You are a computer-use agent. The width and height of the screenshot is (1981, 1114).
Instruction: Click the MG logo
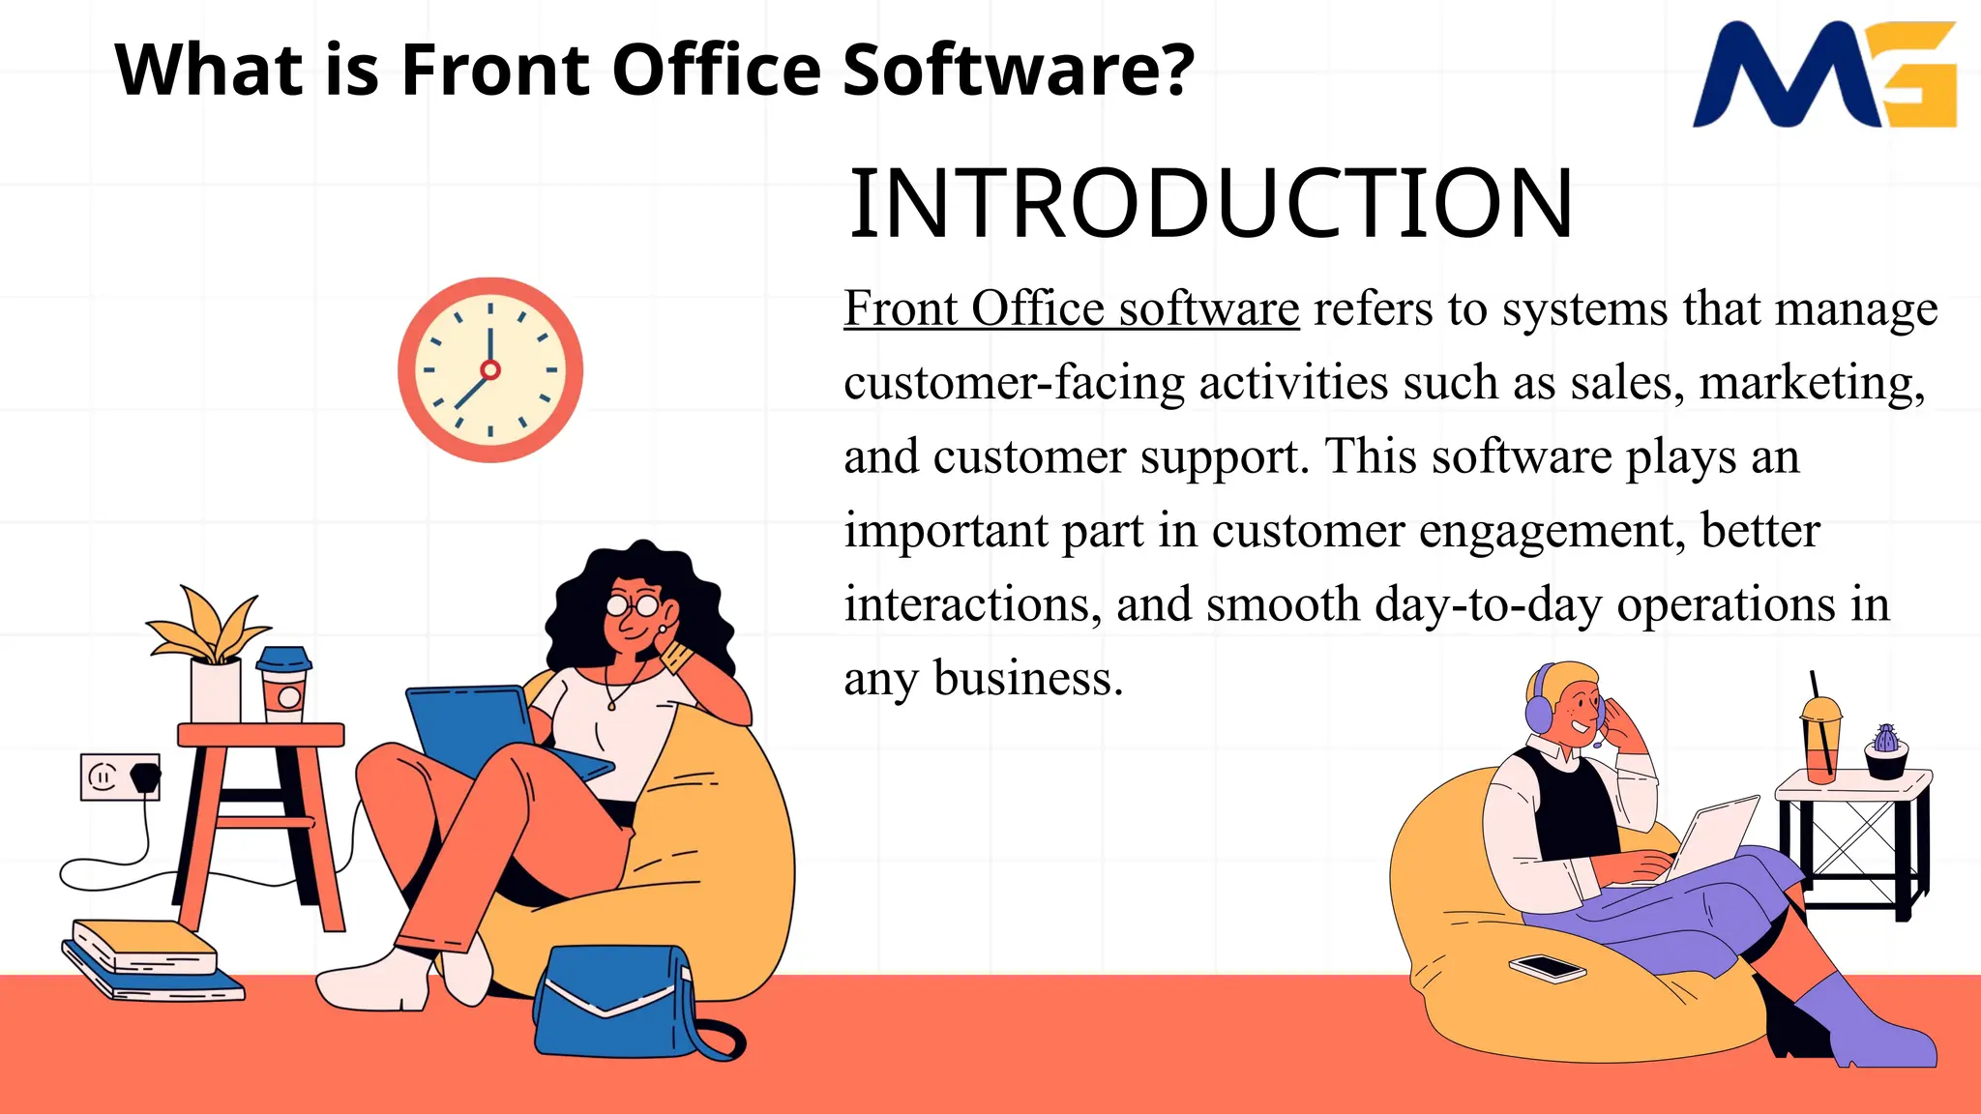[x=1824, y=75]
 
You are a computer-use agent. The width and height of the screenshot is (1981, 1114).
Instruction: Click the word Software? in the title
[x=1019, y=70]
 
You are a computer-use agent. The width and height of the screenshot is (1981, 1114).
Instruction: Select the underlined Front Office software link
[x=1071, y=309]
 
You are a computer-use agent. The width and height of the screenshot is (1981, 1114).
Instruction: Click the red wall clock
[x=490, y=369]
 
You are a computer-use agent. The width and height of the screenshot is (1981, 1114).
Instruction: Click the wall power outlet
[x=119, y=777]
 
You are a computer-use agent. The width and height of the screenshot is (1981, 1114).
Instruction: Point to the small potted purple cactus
[x=1885, y=750]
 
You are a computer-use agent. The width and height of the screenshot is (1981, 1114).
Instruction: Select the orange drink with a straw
[x=1820, y=740]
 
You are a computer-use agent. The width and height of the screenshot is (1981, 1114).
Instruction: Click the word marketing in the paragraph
[x=1811, y=383]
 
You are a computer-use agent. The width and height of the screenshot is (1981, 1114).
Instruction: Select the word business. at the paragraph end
[x=1027, y=679]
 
